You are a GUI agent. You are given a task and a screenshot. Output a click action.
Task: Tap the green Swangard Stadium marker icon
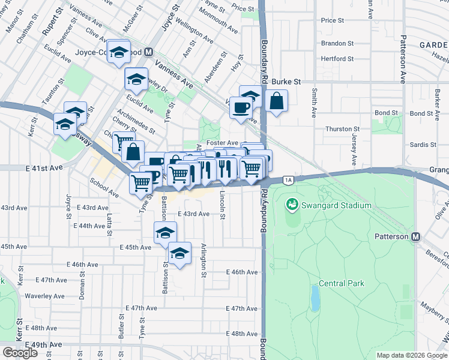click(x=292, y=205)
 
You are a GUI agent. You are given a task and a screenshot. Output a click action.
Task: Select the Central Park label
click(x=340, y=283)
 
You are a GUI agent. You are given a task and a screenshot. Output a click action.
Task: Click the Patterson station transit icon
click(x=415, y=236)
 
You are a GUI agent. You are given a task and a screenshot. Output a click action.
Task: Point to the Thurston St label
click(x=342, y=129)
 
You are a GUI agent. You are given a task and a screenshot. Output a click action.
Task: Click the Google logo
click(x=20, y=353)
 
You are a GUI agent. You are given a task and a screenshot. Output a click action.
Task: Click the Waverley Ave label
click(x=44, y=296)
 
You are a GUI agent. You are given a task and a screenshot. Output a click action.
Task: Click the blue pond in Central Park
click(x=315, y=295)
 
